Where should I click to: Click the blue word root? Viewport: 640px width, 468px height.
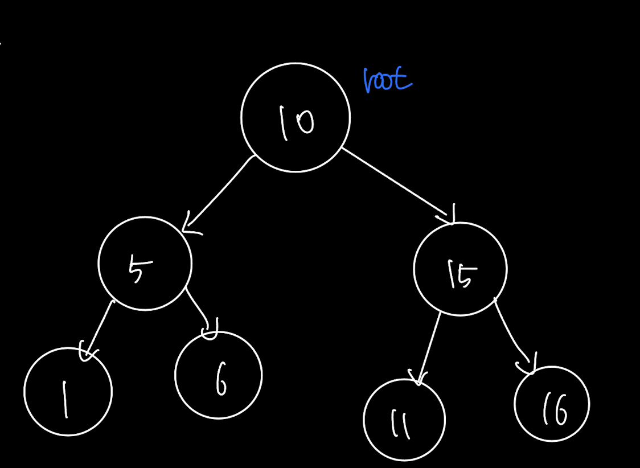(387, 79)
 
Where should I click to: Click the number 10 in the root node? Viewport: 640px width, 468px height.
(297, 122)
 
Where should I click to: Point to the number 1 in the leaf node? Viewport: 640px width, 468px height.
(64, 399)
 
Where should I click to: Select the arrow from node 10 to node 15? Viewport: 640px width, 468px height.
(397, 186)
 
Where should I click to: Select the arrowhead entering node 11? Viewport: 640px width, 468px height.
(417, 378)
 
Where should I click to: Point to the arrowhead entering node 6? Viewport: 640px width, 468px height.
(211, 330)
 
